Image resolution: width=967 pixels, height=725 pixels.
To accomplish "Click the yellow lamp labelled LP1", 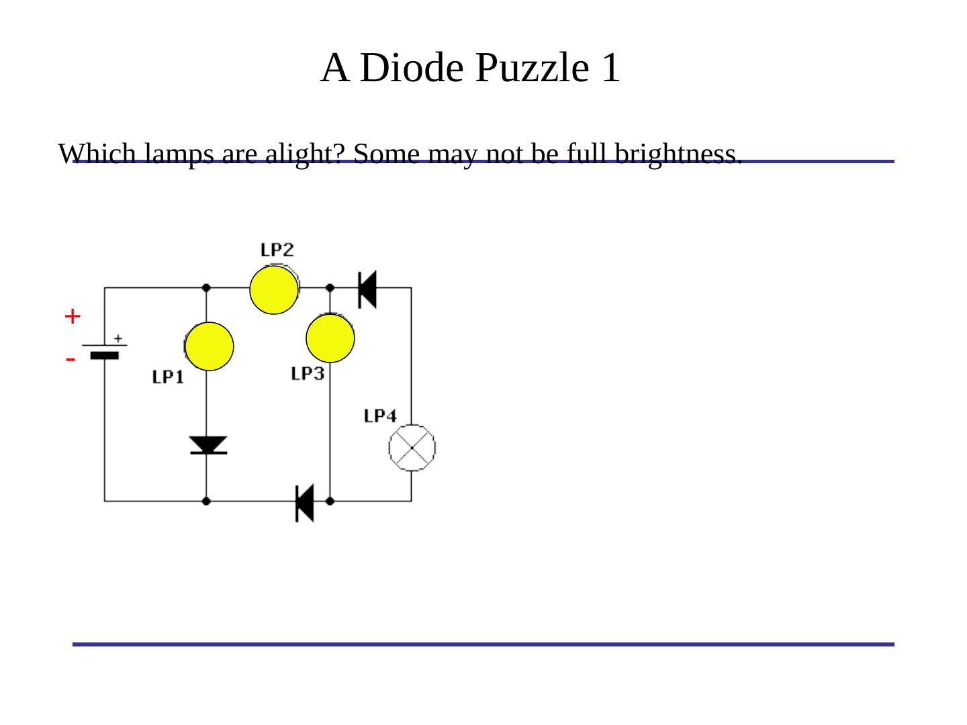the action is pos(210,346).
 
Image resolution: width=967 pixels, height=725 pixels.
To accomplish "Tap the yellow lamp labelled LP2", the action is pos(273,290).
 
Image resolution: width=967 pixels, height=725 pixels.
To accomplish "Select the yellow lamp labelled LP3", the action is pos(330,339).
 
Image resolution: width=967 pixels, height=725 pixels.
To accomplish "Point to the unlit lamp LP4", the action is pos(412,448).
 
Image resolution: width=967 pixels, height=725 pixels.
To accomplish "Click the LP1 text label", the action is pos(168,377).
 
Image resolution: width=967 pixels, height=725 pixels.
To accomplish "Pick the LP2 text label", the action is pos(277,250).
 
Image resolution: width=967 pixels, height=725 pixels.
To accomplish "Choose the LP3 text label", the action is pos(308,374).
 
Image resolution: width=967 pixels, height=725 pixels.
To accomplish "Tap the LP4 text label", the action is pos(380,416).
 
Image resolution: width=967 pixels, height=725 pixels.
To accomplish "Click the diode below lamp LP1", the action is pos(208,445).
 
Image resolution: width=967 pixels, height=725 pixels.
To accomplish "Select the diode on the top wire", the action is pos(367,289).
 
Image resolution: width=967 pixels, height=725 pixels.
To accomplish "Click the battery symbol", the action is pos(104,350).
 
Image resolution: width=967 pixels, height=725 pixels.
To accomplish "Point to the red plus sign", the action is pos(73,316).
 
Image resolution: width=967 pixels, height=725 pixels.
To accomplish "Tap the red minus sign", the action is pos(71,360).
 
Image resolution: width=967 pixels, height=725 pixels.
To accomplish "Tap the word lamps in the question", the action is pos(173,154).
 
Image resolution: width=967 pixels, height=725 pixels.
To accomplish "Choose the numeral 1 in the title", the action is pos(610,68).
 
